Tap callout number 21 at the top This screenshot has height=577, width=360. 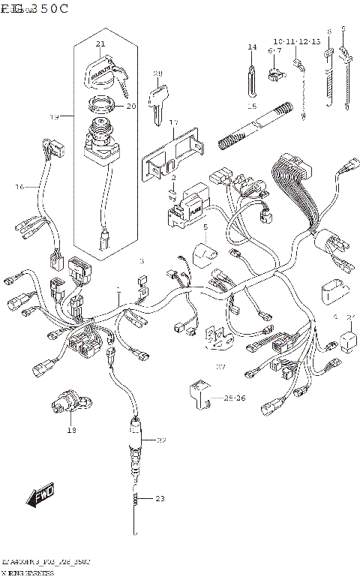click(x=100, y=46)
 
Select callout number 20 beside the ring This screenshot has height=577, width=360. click(x=130, y=106)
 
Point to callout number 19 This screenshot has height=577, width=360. click(x=54, y=117)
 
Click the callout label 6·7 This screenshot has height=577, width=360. click(x=274, y=50)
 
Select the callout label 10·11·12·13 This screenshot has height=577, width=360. click(x=296, y=41)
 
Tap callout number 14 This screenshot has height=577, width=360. click(x=252, y=47)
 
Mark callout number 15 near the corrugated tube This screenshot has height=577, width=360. click(x=252, y=107)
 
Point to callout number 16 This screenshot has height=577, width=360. click(x=20, y=186)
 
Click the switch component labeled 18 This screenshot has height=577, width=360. click(x=70, y=404)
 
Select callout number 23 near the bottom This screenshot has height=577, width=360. click(x=158, y=498)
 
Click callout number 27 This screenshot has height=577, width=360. click(x=220, y=367)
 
